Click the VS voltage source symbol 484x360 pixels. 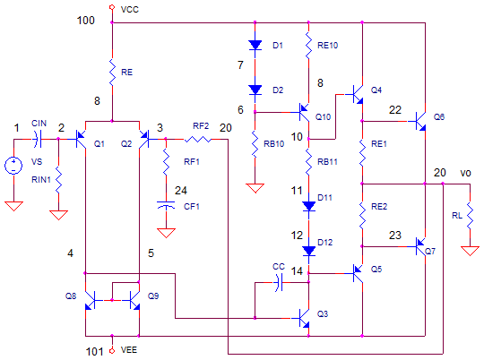(13, 166)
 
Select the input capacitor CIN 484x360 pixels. (37, 139)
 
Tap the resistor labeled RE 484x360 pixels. (112, 73)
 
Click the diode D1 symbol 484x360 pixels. (255, 46)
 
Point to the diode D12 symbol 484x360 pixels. (308, 251)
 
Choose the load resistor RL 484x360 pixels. (470, 215)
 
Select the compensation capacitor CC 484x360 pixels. (279, 282)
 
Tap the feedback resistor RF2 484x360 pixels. (198, 140)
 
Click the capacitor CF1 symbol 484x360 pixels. (166, 205)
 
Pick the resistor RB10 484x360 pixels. (255, 144)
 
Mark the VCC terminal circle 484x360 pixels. (112, 7)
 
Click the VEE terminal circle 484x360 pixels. (112, 351)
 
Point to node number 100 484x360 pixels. (85, 21)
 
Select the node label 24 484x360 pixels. (181, 191)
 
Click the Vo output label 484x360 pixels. (465, 173)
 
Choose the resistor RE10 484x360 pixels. (308, 46)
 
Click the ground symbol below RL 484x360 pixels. (470, 251)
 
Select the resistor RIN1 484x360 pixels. (58, 179)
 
